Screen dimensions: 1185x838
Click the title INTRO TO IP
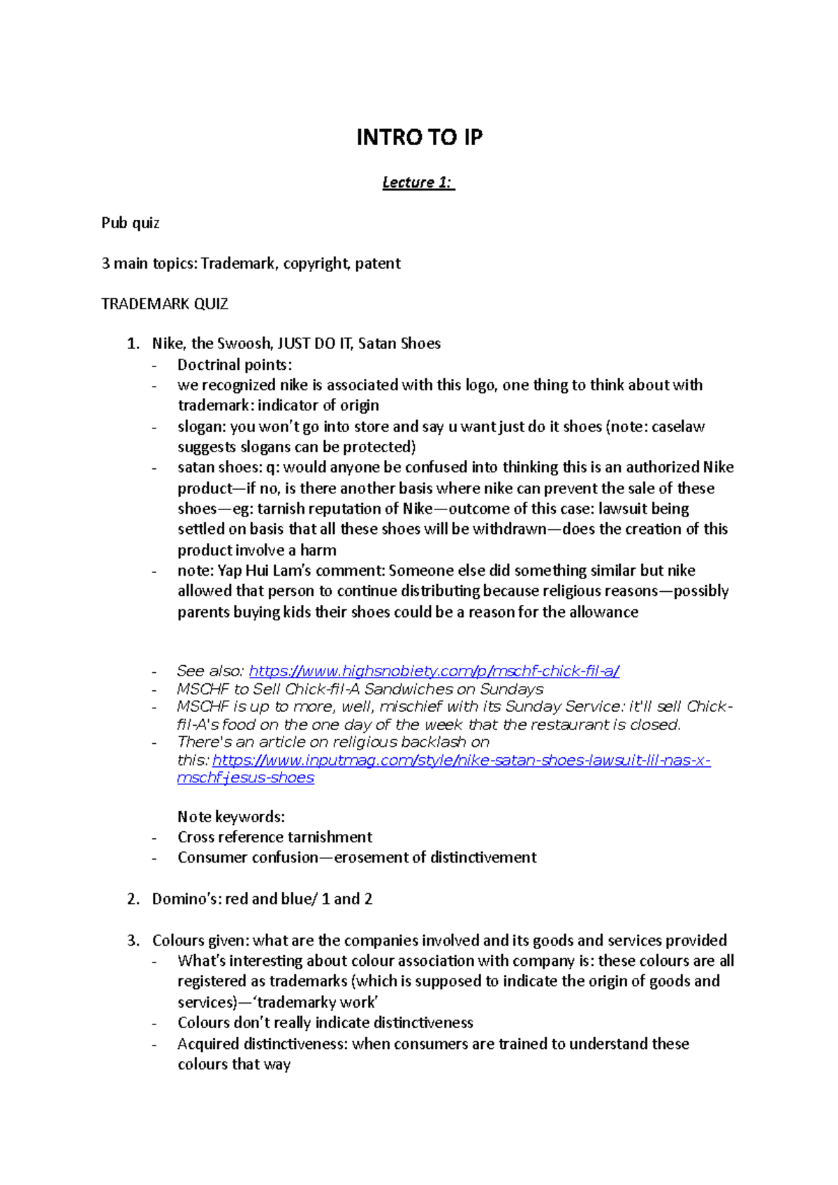click(419, 137)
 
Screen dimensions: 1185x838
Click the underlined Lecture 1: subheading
click(418, 183)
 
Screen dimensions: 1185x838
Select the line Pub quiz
click(131, 223)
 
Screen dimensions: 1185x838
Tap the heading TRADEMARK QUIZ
click(165, 304)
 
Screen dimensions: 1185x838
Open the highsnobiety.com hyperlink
click(434, 671)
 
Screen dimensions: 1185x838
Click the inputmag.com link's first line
click(461, 761)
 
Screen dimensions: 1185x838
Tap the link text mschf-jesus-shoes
click(246, 778)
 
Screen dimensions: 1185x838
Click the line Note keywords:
click(231, 817)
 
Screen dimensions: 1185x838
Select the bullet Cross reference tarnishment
click(275, 837)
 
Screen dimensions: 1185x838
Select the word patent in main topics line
click(378, 264)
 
